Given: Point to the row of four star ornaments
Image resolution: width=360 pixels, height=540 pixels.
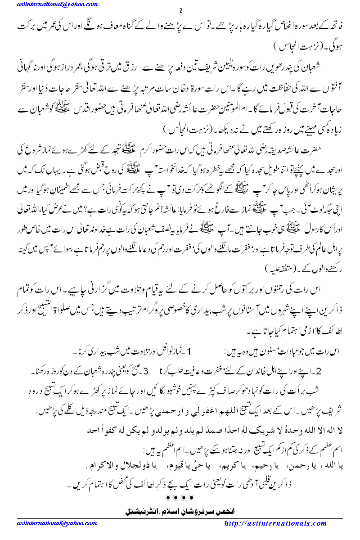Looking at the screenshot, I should pos(180,498).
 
